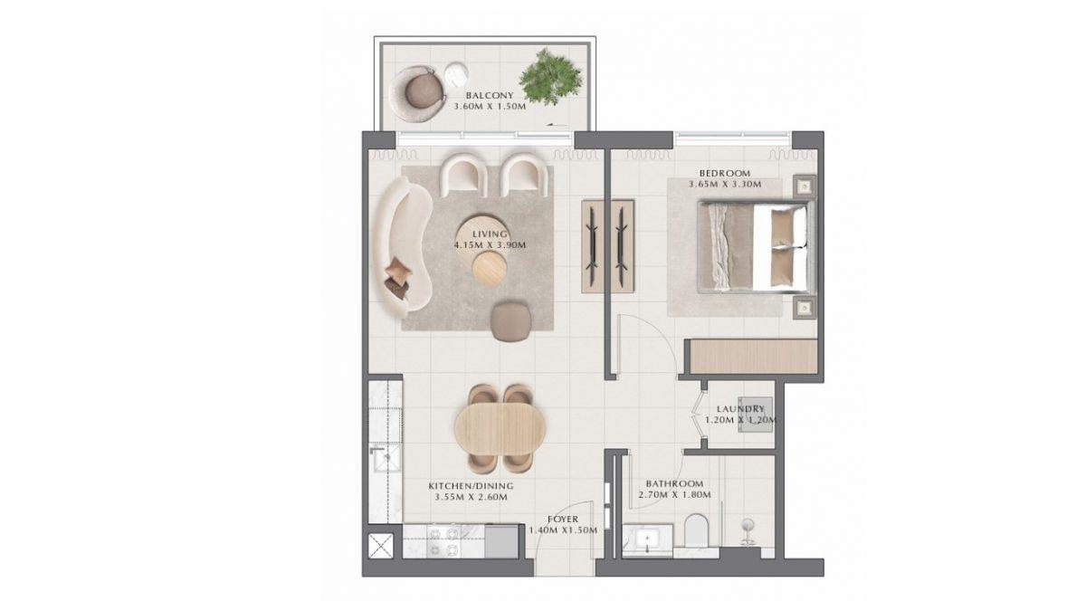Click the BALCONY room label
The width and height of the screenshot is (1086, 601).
pos(490,96)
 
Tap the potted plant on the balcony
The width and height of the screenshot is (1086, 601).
pos(551,76)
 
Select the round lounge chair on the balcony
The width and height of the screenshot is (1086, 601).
pos(419,93)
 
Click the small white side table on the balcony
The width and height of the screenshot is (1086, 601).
pos(456,75)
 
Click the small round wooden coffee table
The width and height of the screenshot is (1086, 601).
pos(490,268)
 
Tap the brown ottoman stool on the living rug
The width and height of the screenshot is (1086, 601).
pos(510,321)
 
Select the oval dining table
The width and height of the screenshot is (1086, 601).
pos(500,429)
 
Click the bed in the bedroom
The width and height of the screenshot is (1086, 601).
pos(757,247)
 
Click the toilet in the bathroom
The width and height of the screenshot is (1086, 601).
pos(697,530)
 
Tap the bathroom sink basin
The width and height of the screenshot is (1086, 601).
pos(647,539)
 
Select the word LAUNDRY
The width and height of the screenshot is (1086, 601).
pos(740,409)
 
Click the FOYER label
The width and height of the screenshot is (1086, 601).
pos(563,519)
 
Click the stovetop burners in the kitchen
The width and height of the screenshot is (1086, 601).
pos(443,541)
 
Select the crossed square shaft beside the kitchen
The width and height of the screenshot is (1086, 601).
pos(381,546)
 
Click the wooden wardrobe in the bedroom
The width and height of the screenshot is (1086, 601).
pos(754,357)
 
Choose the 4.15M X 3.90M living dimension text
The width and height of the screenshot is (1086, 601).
pos(490,245)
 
